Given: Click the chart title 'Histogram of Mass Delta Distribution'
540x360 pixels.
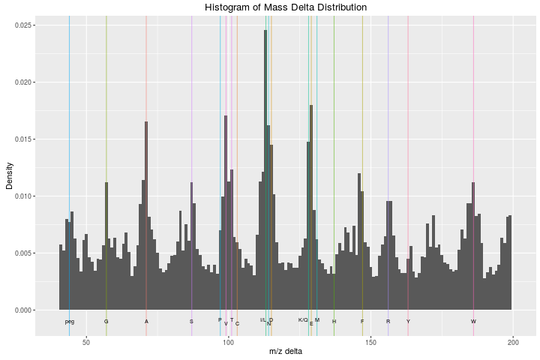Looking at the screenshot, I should click(286, 7).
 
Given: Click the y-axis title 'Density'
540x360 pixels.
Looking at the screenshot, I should click(10, 176).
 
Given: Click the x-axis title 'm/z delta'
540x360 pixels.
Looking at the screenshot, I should click(286, 352).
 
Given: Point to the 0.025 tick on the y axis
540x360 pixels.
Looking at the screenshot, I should click(25, 25).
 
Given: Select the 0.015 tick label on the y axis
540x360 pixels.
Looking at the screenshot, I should click(25, 139).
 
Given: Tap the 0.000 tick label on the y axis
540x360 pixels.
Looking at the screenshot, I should click(25, 310).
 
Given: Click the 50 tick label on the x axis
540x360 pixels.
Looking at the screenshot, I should click(86, 343).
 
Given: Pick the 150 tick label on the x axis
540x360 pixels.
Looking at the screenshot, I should click(371, 343).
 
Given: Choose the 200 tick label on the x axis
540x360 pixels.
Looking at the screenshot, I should click(513, 343).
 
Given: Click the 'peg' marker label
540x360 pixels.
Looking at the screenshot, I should click(70, 322).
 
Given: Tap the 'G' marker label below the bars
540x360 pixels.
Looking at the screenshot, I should click(106, 322).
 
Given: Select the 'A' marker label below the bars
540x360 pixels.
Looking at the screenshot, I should click(146, 322).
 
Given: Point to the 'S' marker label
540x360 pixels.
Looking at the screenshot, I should click(191, 322).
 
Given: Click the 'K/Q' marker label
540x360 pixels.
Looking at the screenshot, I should click(303, 320).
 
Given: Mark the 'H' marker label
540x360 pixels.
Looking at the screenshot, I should click(334, 322).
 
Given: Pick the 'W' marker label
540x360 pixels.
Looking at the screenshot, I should click(473, 322).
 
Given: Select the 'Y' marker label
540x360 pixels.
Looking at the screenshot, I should click(408, 322).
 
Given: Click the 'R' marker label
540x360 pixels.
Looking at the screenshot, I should click(388, 322).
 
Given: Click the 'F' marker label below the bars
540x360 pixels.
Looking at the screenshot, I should click(362, 322).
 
